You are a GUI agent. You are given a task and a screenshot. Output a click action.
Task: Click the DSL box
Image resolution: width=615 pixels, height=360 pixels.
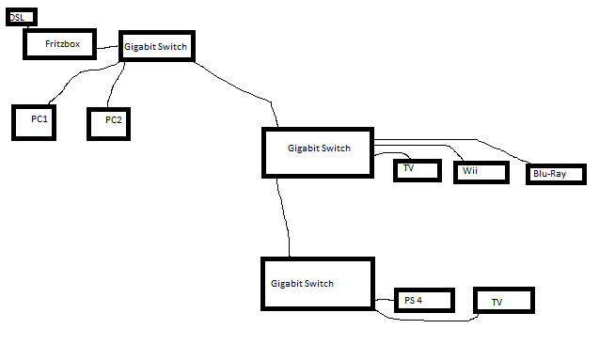click(22, 17)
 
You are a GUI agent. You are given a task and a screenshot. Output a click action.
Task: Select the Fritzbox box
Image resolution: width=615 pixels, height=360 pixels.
click(59, 44)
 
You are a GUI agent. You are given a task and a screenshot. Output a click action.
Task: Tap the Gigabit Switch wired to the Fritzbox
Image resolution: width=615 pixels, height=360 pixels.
click(157, 46)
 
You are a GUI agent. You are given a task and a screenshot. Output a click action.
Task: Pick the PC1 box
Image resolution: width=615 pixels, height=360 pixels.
click(34, 122)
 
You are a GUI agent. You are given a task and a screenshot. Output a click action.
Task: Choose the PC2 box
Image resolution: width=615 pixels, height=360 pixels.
click(109, 124)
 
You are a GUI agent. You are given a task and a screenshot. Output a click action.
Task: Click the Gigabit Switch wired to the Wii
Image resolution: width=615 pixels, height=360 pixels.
click(318, 152)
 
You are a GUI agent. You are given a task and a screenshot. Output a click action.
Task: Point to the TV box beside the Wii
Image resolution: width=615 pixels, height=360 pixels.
click(418, 170)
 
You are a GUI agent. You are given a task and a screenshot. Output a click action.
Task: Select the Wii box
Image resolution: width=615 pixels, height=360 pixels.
click(481, 173)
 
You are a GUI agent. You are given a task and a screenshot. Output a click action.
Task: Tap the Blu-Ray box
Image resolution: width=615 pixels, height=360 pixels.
click(556, 175)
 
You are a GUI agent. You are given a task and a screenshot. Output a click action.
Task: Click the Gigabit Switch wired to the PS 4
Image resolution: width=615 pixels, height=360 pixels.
click(318, 284)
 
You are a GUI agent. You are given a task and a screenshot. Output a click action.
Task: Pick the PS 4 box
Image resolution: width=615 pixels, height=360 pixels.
click(424, 301)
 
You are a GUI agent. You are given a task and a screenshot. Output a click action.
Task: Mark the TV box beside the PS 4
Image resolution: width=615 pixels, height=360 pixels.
click(504, 301)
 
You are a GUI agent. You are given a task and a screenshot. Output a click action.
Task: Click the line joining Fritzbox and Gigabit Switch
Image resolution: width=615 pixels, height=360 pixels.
click(107, 47)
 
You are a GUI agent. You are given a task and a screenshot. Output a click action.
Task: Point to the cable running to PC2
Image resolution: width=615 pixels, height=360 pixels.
click(114, 85)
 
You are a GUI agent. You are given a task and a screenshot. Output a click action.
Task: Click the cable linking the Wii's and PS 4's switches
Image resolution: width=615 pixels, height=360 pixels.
click(284, 218)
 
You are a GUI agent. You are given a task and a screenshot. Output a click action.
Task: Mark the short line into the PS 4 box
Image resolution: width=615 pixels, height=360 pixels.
click(385, 300)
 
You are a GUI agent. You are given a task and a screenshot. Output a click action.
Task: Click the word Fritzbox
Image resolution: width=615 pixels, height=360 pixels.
click(63, 44)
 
